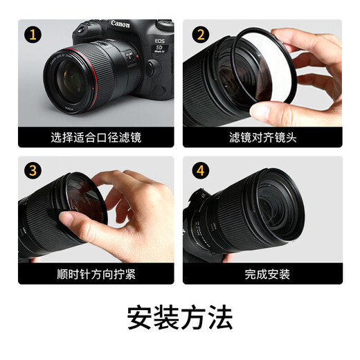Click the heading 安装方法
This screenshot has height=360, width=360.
tap(180, 317)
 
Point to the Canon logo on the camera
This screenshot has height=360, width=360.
tap(120, 24)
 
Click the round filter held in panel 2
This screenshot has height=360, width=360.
tap(266, 73)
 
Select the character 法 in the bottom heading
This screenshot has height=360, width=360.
tap(219, 317)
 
